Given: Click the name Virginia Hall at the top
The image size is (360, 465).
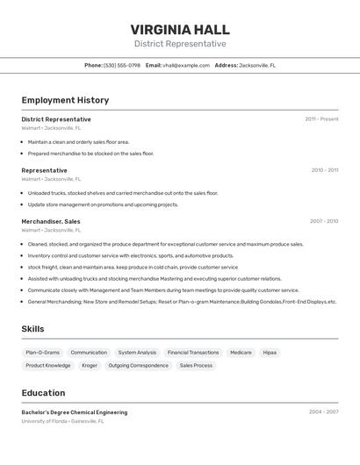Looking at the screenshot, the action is pyautogui.click(x=180, y=28).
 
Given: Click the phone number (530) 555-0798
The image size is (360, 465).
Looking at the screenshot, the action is pyautogui.click(x=122, y=65).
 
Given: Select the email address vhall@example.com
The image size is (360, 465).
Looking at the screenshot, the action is pyautogui.click(x=180, y=65).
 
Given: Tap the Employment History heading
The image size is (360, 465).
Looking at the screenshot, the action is pyautogui.click(x=65, y=101).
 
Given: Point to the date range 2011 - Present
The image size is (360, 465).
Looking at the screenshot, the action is pyautogui.click(x=321, y=119).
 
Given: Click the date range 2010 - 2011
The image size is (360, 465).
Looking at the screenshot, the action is pyautogui.click(x=324, y=170).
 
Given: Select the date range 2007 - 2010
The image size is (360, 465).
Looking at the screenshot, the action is pyautogui.click(x=323, y=221).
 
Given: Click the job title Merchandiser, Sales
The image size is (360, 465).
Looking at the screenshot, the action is pyautogui.click(x=51, y=222).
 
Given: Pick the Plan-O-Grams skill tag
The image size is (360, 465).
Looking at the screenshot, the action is pyautogui.click(x=43, y=353).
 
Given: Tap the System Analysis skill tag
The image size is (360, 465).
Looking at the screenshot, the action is pyautogui.click(x=137, y=353).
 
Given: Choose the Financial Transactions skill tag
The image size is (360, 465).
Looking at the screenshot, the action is pyautogui.click(x=193, y=353).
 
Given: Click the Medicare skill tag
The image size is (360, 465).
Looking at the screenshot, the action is pyautogui.click(x=241, y=353).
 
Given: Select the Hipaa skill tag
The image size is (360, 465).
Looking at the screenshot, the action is pyautogui.click(x=270, y=353).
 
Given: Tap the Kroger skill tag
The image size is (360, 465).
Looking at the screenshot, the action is pyautogui.click(x=90, y=366).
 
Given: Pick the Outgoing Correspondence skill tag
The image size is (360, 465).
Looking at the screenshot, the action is pyautogui.click(x=139, y=366).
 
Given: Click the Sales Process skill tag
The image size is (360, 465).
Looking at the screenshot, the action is pyautogui.click(x=196, y=366).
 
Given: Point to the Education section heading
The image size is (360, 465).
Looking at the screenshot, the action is pyautogui.click(x=43, y=393).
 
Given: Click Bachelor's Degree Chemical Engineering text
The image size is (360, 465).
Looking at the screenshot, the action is pyautogui.click(x=75, y=412).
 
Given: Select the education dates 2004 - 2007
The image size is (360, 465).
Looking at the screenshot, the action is pyautogui.click(x=323, y=411).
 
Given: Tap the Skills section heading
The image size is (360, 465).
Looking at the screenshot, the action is pyautogui.click(x=33, y=329).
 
